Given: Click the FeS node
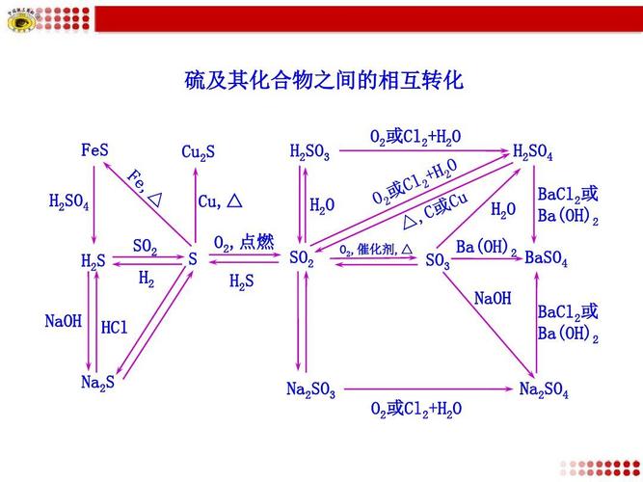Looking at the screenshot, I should coord(94,151).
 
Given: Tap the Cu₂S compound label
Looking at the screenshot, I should coord(198,152).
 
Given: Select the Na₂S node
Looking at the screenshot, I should coord(97,383).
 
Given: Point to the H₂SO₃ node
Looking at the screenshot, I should coord(309,152).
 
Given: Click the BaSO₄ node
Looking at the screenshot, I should coord(546,260).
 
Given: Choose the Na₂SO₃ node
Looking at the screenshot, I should coord(310,389).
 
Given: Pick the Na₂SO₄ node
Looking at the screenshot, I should coord(544,389).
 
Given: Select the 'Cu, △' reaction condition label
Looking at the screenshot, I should coord(220,201).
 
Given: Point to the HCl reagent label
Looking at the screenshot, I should coord(114,328).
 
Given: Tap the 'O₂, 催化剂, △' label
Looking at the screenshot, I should coord(376,250).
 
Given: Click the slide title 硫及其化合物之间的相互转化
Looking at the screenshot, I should coord(324,80).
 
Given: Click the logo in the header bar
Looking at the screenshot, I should coord(20,18).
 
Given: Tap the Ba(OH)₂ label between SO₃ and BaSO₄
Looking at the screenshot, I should coord(486,248).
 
